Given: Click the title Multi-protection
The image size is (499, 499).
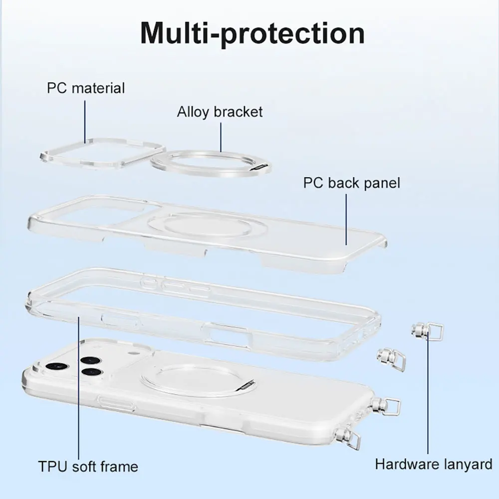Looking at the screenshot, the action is click(252, 33).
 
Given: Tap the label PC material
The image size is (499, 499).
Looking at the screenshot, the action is click(86, 88).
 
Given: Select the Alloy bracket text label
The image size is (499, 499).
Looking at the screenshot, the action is click(220, 111).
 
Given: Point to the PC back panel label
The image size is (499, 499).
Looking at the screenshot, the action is click(351, 183).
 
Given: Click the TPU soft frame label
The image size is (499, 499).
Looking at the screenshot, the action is click(88, 467).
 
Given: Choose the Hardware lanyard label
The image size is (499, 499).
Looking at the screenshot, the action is click(434, 465).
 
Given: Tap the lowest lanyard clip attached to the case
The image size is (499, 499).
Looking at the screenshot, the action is click(351, 438).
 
